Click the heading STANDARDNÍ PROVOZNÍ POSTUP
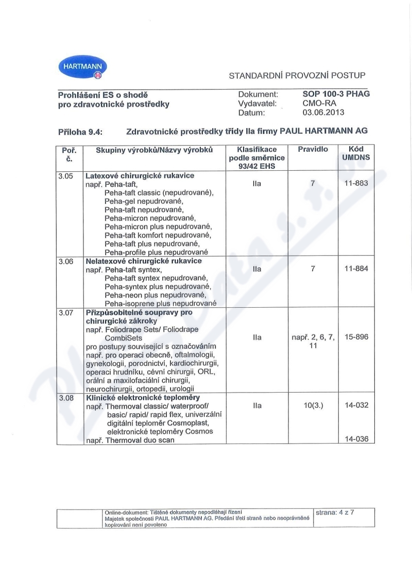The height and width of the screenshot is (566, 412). (297, 75)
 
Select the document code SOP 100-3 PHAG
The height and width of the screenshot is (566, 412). (336, 94)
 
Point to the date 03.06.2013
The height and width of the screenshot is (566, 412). (323, 112)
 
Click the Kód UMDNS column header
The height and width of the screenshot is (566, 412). (356, 153)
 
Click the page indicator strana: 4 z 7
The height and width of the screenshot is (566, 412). (335, 512)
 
